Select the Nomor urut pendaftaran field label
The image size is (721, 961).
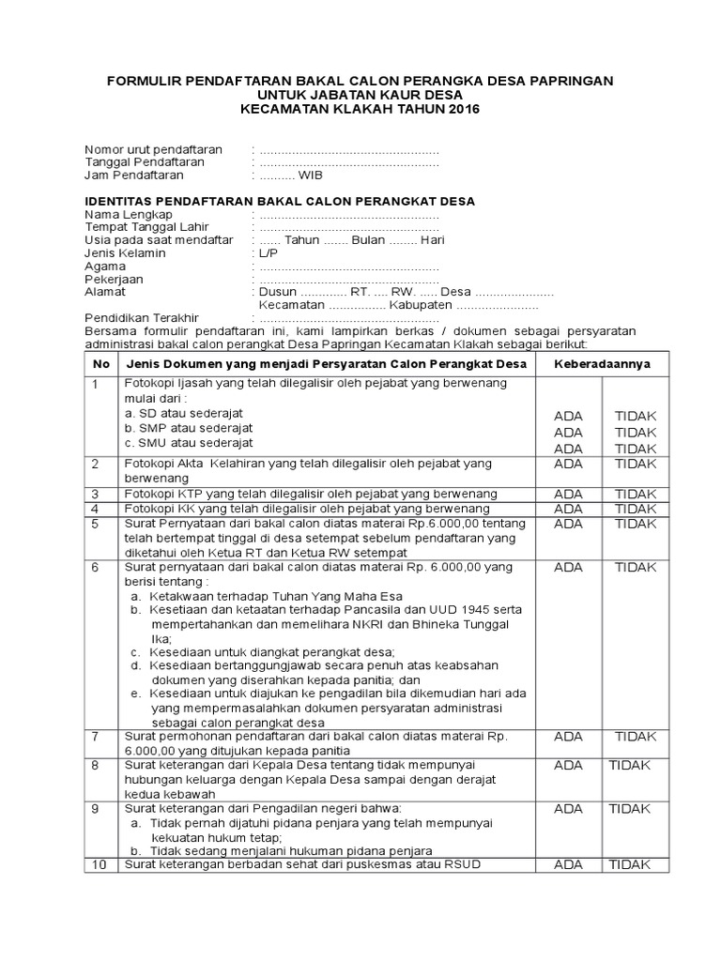[154, 149]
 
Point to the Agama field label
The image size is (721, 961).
[106, 267]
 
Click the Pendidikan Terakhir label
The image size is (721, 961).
[143, 318]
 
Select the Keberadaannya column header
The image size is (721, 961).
[602, 364]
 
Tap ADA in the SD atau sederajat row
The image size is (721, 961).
[568, 416]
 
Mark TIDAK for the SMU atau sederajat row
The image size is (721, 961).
[636, 449]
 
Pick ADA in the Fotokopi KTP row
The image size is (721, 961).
[568, 494]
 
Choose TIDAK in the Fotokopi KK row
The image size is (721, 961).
[636, 509]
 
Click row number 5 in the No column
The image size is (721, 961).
[96, 524]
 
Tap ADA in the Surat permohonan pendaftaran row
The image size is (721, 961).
[568, 737]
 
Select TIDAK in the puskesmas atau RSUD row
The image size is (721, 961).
[630, 864]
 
